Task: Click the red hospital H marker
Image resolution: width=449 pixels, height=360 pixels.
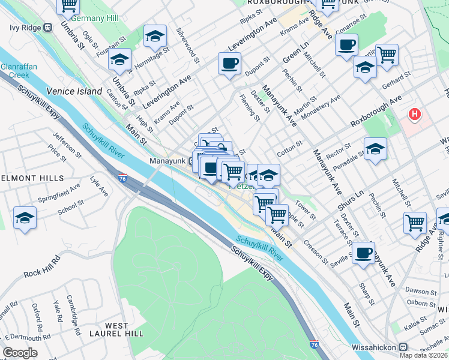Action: click(414, 113)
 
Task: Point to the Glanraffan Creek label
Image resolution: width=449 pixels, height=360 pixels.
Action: click(16, 70)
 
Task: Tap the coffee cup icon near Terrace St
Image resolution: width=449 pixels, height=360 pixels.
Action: click(363, 253)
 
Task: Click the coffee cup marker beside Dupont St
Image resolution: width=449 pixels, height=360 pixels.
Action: click(229, 63)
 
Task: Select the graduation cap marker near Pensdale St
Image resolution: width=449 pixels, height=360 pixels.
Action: click(375, 148)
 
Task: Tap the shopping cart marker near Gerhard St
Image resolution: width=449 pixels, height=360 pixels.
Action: click(387, 55)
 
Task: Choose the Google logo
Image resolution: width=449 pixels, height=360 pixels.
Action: click(20, 353)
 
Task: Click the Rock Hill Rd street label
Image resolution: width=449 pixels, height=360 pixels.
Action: click(42, 267)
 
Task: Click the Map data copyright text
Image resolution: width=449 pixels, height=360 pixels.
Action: click(423, 355)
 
